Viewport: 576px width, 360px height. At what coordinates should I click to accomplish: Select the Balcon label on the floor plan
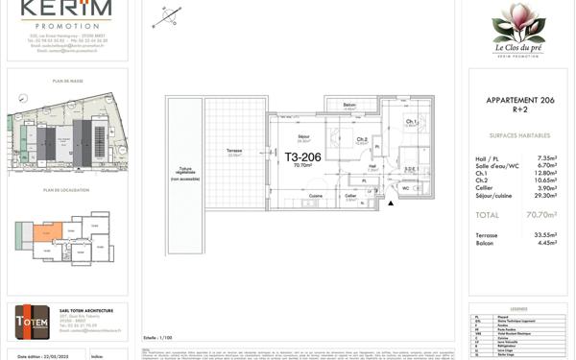(x=350, y=105)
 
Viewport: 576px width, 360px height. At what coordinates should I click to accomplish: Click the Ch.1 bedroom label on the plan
(x=411, y=122)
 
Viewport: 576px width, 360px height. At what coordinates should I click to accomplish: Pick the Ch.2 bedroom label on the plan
(x=361, y=140)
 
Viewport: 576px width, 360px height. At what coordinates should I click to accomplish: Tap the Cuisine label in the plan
(x=315, y=194)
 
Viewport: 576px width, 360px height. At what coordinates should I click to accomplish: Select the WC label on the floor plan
(x=405, y=188)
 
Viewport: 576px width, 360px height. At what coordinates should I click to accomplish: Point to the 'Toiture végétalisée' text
(x=182, y=173)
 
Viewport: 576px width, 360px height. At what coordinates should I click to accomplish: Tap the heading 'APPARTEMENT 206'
(x=517, y=99)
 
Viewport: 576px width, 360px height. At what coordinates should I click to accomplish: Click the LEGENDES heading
(x=517, y=308)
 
